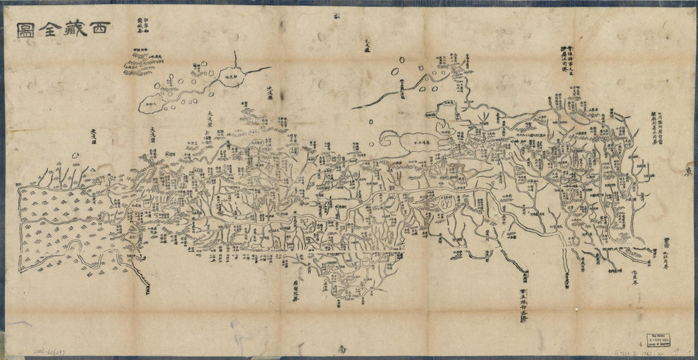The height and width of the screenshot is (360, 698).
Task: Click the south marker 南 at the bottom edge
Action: tap(342, 349)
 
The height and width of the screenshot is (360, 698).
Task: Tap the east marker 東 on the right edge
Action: tap(689, 172)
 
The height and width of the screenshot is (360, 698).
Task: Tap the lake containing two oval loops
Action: tap(447, 204)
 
